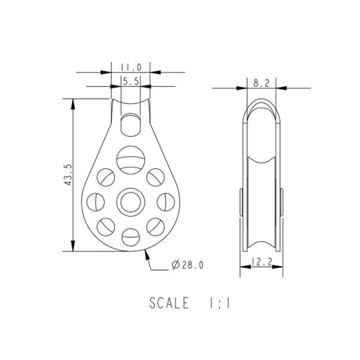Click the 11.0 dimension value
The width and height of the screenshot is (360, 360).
(x=131, y=67)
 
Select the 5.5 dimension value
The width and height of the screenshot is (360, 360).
(x=131, y=82)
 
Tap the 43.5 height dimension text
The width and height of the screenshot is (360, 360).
(x=68, y=175)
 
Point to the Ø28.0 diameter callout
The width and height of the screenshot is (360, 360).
(x=187, y=265)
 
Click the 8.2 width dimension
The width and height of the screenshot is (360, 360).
(x=261, y=83)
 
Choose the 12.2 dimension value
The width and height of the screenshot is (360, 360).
(x=261, y=261)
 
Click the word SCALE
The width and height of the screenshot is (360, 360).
(x=169, y=303)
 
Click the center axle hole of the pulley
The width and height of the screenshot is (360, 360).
(x=131, y=202)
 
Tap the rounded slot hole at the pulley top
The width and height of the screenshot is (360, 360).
(x=131, y=124)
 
